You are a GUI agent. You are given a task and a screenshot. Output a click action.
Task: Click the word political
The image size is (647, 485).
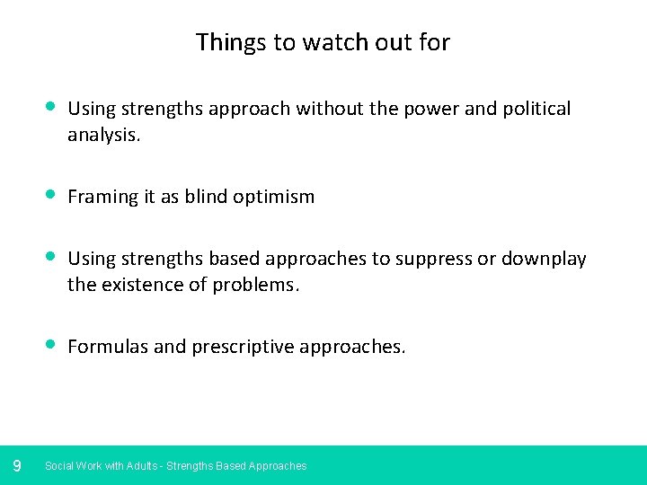tap(534, 109)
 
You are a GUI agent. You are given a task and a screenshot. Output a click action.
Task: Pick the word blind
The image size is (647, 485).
tap(209, 197)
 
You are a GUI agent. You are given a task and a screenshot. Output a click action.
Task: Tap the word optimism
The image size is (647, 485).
tap(277, 197)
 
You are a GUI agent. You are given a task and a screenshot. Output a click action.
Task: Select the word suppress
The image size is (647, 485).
tap(434, 259)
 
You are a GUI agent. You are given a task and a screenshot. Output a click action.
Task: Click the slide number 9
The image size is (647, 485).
tap(17, 465)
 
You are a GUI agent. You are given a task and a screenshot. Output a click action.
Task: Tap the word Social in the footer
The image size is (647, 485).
tap(59, 466)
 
